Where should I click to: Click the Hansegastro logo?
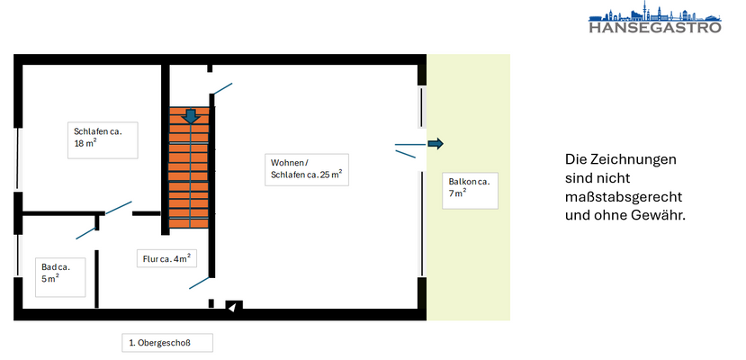click(x=654, y=19)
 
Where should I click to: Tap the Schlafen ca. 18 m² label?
click(x=104, y=139)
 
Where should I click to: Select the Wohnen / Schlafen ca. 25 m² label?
click(x=307, y=169)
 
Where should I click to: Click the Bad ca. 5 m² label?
click(x=63, y=272)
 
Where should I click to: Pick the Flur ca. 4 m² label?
click(x=167, y=260)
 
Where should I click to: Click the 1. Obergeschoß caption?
click(x=168, y=343)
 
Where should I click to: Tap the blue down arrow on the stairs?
click(x=190, y=117)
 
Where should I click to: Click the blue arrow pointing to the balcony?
click(x=436, y=144)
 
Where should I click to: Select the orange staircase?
click(x=189, y=171)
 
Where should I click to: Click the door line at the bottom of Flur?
click(x=200, y=282)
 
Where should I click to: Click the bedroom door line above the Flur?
click(x=118, y=208)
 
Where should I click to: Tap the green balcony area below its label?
click(x=468, y=261)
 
